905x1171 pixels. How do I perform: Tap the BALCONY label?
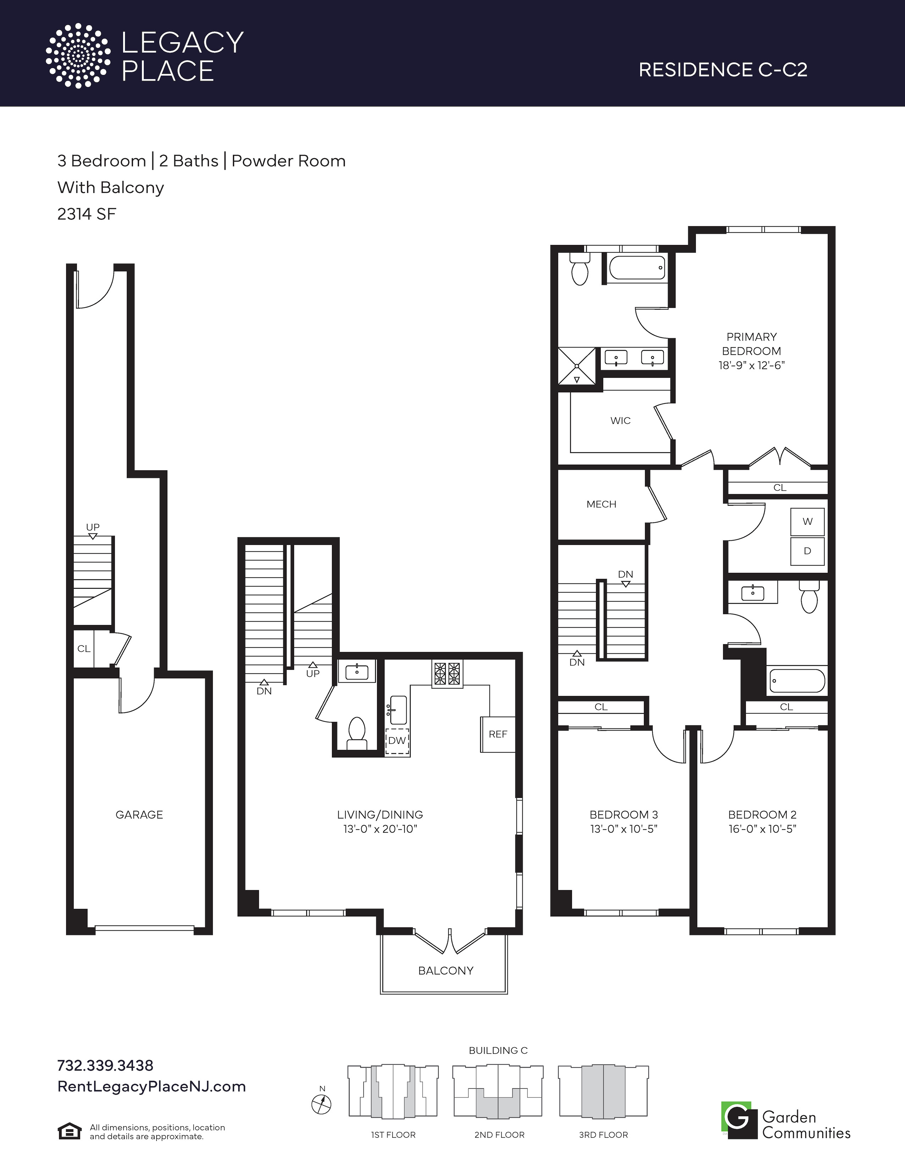445,971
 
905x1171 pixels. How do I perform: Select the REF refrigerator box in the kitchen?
498,734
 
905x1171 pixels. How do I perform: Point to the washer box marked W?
807,522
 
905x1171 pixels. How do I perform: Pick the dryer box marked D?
807,551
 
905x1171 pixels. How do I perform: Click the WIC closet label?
620,421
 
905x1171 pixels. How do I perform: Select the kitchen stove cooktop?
447,674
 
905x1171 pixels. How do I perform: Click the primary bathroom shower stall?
577,366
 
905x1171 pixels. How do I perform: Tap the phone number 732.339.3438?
105,1065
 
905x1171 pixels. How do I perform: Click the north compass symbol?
322,1104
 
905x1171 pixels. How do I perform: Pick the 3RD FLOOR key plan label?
603,1134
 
